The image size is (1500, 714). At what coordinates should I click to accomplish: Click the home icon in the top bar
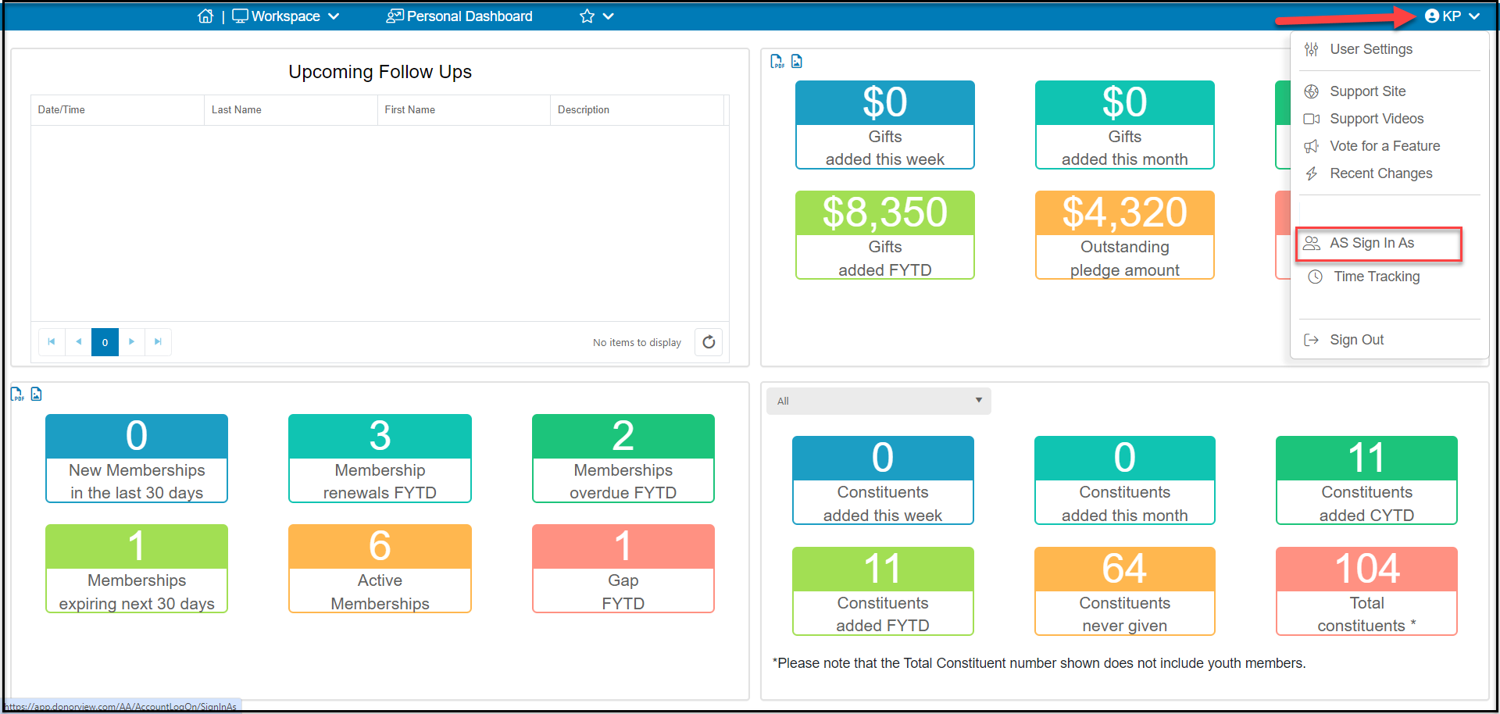[205, 16]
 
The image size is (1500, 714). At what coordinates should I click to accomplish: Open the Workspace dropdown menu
[286, 16]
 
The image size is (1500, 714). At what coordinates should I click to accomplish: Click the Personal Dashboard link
[459, 16]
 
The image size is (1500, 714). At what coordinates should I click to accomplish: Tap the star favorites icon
[587, 16]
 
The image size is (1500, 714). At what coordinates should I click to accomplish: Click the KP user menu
[1452, 16]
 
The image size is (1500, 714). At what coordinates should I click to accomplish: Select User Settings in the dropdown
[1371, 49]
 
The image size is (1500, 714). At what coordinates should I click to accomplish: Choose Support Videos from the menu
[1377, 119]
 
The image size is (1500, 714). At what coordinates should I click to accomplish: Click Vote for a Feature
[1384, 146]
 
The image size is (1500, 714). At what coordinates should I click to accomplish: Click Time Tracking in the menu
[1377, 277]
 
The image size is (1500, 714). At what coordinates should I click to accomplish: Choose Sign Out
[1356, 340]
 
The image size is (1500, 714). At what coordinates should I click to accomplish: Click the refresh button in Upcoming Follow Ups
[709, 342]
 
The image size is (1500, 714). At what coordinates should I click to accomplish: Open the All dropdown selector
[879, 401]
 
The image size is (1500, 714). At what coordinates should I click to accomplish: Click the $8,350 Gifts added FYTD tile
[885, 235]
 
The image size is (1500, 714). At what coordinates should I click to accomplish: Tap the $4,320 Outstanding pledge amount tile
[1125, 235]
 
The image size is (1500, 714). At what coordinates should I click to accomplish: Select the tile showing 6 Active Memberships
[380, 569]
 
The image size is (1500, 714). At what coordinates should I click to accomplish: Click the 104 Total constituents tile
[1366, 591]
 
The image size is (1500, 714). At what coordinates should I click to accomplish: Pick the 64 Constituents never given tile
[1125, 591]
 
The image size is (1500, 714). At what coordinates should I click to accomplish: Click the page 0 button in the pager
[105, 342]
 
